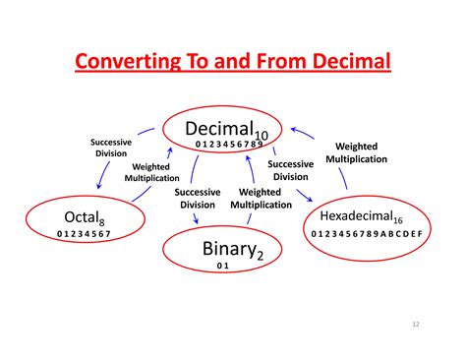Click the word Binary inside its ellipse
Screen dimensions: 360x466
226,247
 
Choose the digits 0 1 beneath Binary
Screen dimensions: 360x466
222,267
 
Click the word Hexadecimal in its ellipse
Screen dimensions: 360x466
358,215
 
